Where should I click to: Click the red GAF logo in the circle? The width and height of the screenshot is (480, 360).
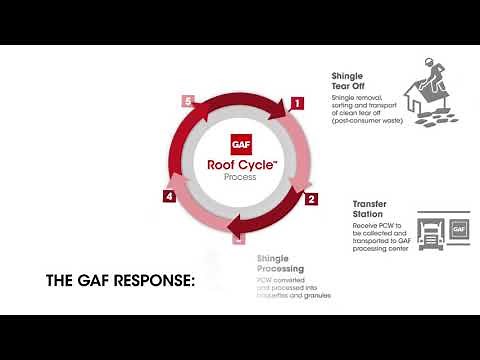(x=240, y=143)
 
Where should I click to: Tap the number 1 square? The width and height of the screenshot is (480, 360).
(x=296, y=102)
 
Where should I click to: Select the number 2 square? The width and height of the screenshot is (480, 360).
(x=311, y=198)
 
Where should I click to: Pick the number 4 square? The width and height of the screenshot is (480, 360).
(x=170, y=197)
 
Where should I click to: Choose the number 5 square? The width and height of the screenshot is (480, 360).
(x=187, y=101)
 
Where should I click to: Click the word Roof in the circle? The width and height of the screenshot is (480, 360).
(x=221, y=164)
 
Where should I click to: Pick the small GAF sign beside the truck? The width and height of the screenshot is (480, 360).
(x=459, y=229)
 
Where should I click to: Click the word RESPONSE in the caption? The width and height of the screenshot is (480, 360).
(x=151, y=281)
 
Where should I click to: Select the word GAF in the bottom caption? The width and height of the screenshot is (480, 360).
(x=91, y=281)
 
